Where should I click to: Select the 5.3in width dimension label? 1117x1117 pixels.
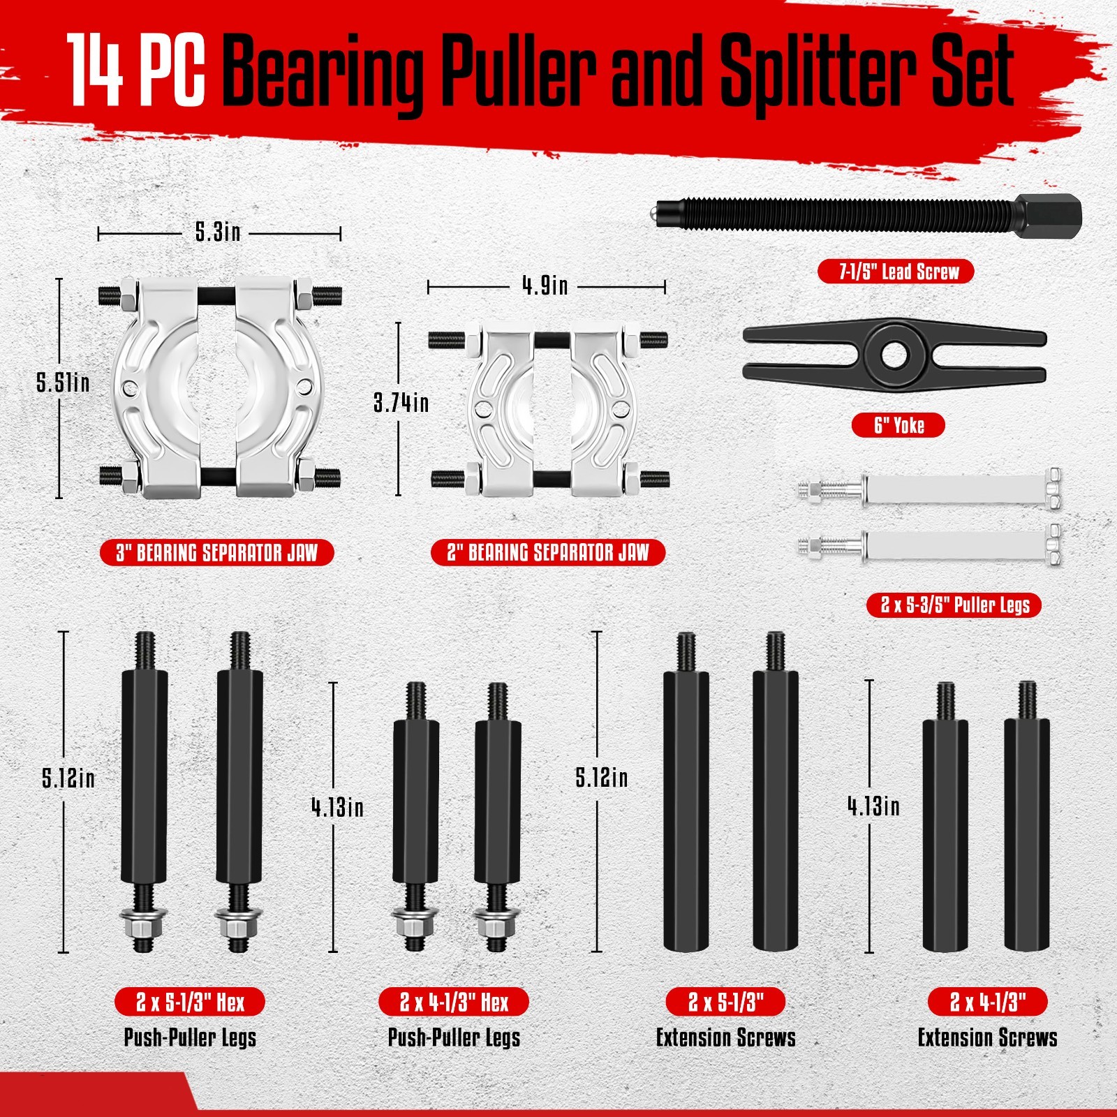[218, 232]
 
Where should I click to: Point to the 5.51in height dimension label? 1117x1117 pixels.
[63, 383]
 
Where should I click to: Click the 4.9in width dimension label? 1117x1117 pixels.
[545, 286]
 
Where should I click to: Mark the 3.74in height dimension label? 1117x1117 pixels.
[401, 403]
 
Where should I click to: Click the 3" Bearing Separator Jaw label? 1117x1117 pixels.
[217, 553]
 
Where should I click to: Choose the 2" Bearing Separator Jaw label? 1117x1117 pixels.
[548, 553]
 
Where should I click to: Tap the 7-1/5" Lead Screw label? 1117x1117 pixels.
[896, 272]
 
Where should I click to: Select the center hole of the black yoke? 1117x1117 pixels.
[894, 355]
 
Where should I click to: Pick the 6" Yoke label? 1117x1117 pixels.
[898, 425]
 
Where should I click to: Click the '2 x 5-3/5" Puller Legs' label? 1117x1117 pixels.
[954, 605]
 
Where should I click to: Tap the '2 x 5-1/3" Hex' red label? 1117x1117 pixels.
[190, 1003]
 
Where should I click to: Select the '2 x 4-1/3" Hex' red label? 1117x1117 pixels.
[454, 1003]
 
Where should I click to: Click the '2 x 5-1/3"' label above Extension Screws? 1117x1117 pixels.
[725, 1003]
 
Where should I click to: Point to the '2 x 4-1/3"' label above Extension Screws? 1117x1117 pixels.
[987, 1003]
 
